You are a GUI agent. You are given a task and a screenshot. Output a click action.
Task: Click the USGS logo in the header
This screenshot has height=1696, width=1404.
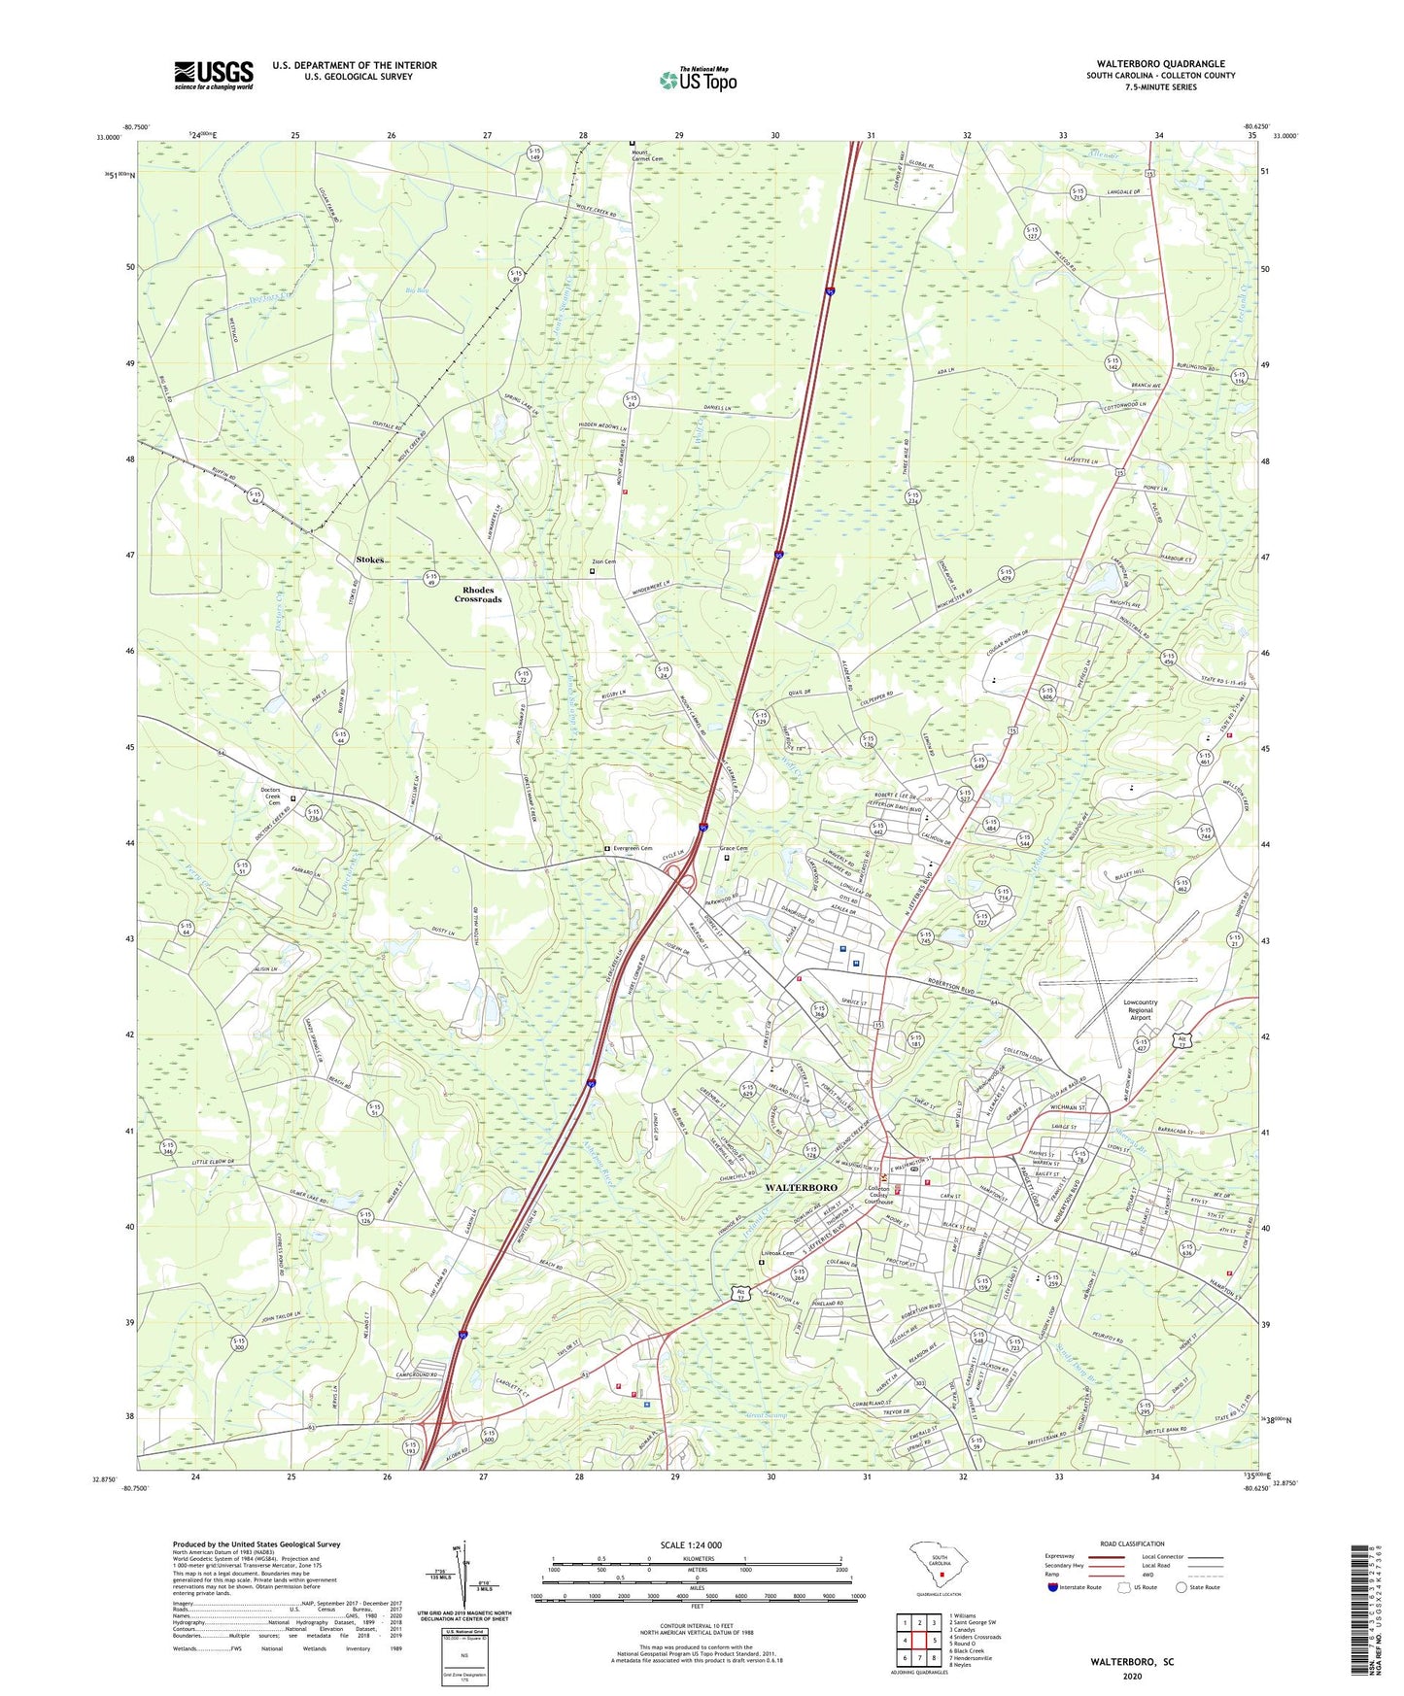pyautogui.click(x=214, y=74)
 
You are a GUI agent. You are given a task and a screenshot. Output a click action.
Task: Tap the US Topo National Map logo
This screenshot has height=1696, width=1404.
pyautogui.click(x=698, y=80)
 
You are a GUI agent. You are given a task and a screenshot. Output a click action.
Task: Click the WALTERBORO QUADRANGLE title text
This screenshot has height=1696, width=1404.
pyautogui.click(x=1160, y=64)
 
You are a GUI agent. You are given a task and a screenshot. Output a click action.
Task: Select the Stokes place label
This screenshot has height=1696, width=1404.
pyautogui.click(x=370, y=560)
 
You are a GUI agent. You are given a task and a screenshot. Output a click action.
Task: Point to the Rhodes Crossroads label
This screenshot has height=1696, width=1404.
pyautogui.click(x=478, y=594)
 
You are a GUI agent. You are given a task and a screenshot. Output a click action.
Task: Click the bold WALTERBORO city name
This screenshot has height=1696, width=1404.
pyautogui.click(x=802, y=1188)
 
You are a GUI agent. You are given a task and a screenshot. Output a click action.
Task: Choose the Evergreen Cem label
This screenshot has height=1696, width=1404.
pyautogui.click(x=632, y=849)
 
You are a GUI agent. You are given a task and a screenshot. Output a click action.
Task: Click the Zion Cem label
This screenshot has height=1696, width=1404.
pyautogui.click(x=603, y=561)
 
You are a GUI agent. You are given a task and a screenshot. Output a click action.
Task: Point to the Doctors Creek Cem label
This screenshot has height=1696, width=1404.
pyautogui.click(x=271, y=797)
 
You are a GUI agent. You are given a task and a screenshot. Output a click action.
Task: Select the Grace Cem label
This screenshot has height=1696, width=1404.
pyautogui.click(x=734, y=849)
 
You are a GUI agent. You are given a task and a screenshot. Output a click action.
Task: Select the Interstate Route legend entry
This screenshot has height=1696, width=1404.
pyautogui.click(x=1079, y=1587)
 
